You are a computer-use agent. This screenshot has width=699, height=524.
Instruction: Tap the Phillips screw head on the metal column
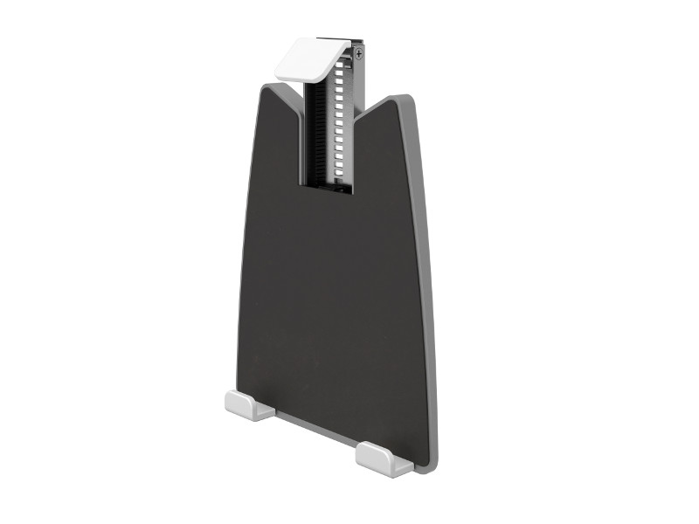click(359, 54)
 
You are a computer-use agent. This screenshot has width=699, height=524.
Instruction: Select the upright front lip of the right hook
click(371, 458)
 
